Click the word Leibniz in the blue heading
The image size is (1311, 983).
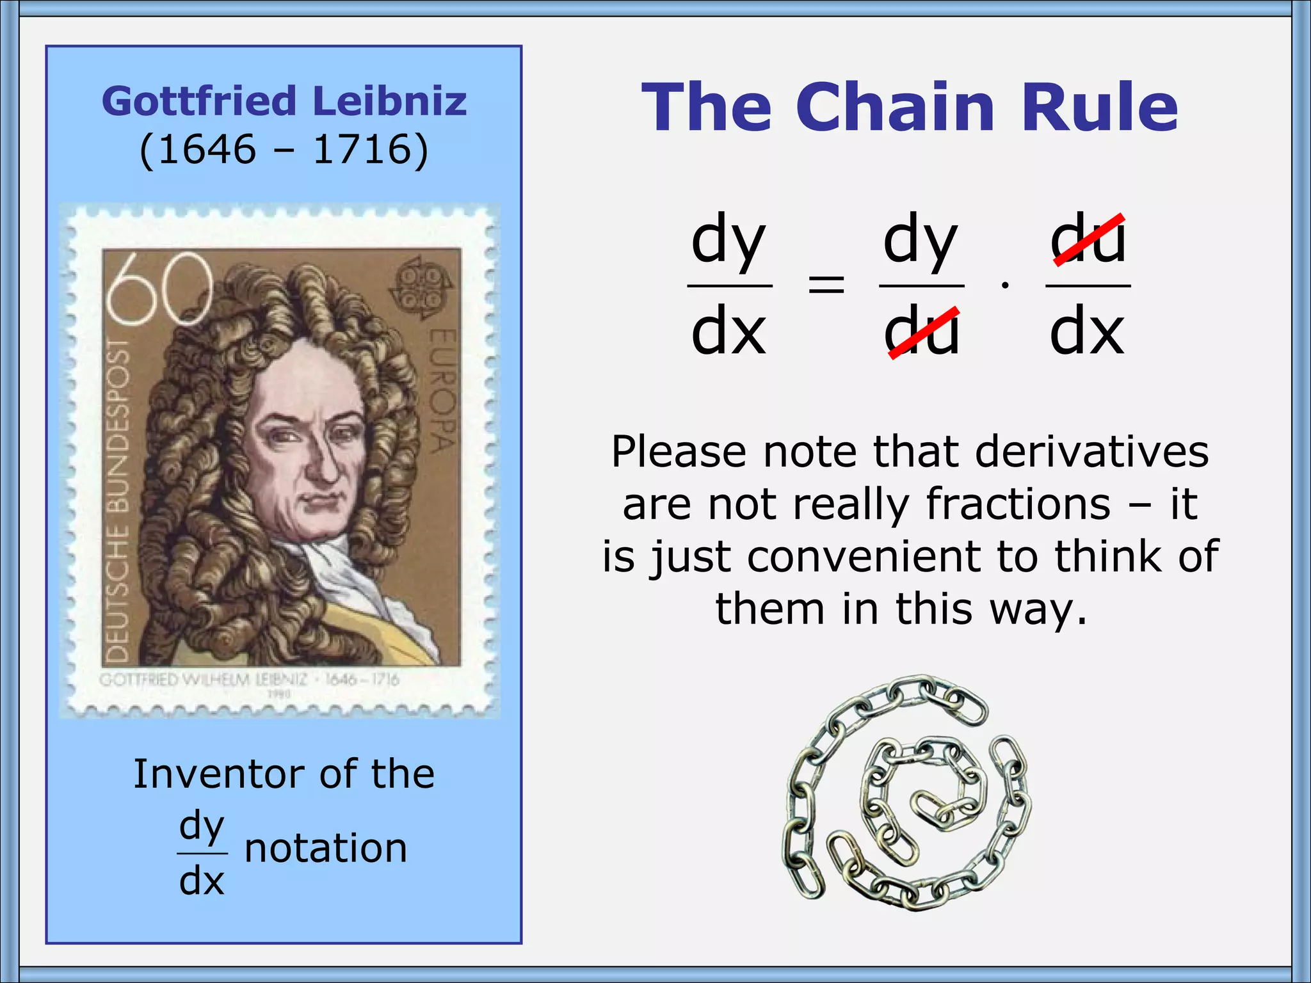(x=390, y=101)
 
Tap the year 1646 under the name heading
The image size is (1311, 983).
(x=207, y=150)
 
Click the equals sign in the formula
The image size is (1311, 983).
(x=826, y=284)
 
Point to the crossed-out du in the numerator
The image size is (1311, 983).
(x=1088, y=240)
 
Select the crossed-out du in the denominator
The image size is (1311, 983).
(x=922, y=332)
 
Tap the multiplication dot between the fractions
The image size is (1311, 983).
(x=1005, y=285)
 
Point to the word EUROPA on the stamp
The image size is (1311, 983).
(x=442, y=390)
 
